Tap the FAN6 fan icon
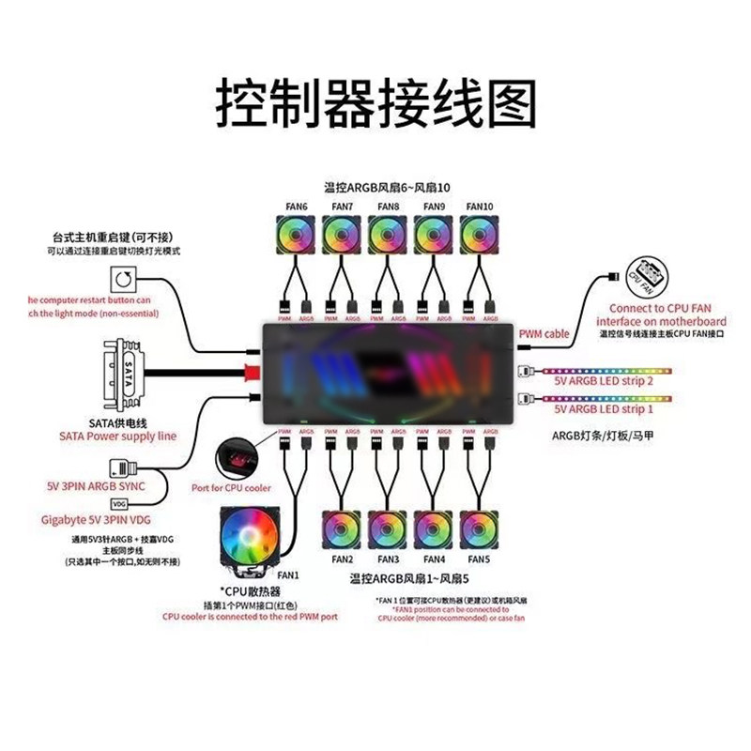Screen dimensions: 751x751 point(294,234)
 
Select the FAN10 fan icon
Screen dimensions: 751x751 point(480,234)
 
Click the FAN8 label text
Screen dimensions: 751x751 point(387,207)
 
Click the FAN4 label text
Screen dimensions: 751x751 point(434,559)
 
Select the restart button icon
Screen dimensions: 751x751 point(124,280)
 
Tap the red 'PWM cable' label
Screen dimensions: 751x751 point(544,333)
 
